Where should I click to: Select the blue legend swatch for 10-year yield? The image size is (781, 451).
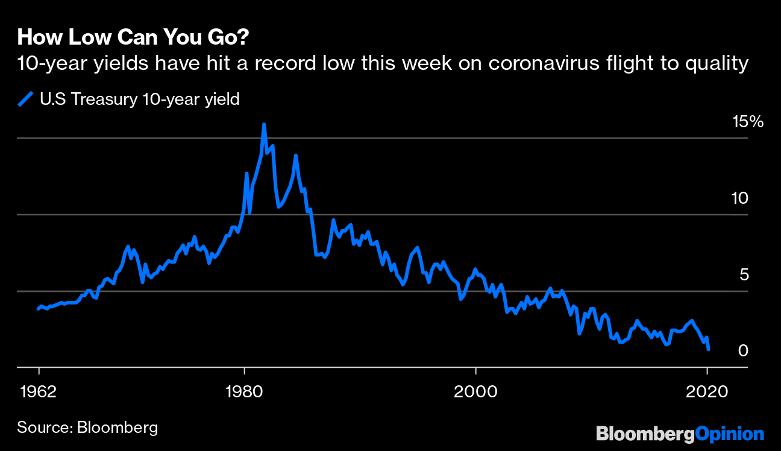pyautogui.click(x=26, y=99)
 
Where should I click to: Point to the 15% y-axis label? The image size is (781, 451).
pyautogui.click(x=747, y=122)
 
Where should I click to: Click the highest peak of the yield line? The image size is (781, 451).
pyautogui.click(x=264, y=124)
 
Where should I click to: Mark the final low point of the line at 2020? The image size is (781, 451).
pyautogui.click(x=709, y=349)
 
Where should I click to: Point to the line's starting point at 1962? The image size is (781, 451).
pyautogui.click(x=38, y=309)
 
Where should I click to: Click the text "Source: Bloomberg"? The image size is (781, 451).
pyautogui.click(x=87, y=427)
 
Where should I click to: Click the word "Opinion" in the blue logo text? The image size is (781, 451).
pyautogui.click(x=730, y=434)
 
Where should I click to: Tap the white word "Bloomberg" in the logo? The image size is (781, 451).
pyautogui.click(x=645, y=434)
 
